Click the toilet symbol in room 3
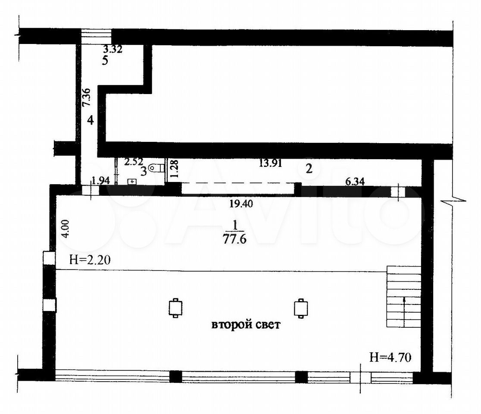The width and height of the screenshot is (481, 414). [156, 168]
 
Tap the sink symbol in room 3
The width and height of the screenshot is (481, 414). [132, 182]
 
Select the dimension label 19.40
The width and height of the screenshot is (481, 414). [241, 203]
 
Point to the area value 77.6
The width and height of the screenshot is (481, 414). [234, 239]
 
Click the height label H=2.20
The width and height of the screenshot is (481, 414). [90, 260]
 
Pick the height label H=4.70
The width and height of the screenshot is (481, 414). [390, 357]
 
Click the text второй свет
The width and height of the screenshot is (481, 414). [246, 324]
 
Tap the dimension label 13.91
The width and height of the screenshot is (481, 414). [270, 163]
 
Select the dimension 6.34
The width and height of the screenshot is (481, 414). [355, 182]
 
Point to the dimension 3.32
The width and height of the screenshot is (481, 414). [113, 49]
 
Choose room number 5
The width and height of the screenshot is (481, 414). [105, 60]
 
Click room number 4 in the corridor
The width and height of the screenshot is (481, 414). [90, 120]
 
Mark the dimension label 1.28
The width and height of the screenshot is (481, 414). [174, 169]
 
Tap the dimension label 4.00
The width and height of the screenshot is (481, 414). [66, 228]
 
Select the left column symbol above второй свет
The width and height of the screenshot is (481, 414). [175, 307]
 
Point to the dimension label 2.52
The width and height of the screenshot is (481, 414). [134, 162]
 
